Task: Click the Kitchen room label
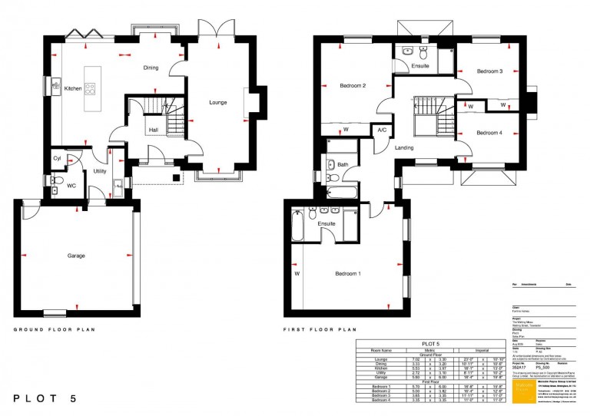click(x=73, y=88)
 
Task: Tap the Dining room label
click(x=151, y=68)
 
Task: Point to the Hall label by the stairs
click(x=153, y=130)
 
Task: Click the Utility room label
click(x=100, y=171)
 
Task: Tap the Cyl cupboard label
click(x=58, y=159)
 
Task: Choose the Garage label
click(x=75, y=256)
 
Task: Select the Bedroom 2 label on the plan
click(x=352, y=86)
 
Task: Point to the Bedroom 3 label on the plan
click(x=489, y=71)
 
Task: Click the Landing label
click(x=404, y=147)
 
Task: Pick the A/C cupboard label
click(x=382, y=130)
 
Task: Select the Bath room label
click(x=343, y=164)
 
